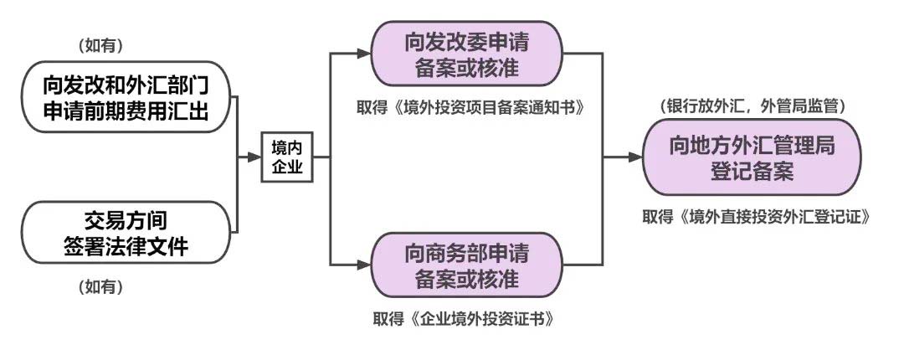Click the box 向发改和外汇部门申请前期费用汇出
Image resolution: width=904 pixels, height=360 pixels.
[x=125, y=96]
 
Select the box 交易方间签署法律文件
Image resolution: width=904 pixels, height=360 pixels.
[x=125, y=234]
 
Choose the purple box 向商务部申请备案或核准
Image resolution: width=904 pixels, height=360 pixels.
[x=467, y=263]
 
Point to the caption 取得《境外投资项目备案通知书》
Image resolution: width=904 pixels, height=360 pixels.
[x=467, y=109]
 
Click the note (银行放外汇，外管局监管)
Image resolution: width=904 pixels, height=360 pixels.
[x=753, y=107]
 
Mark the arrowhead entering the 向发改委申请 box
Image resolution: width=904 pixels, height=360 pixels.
[x=363, y=55]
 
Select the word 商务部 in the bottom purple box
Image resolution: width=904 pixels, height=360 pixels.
[x=455, y=250]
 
